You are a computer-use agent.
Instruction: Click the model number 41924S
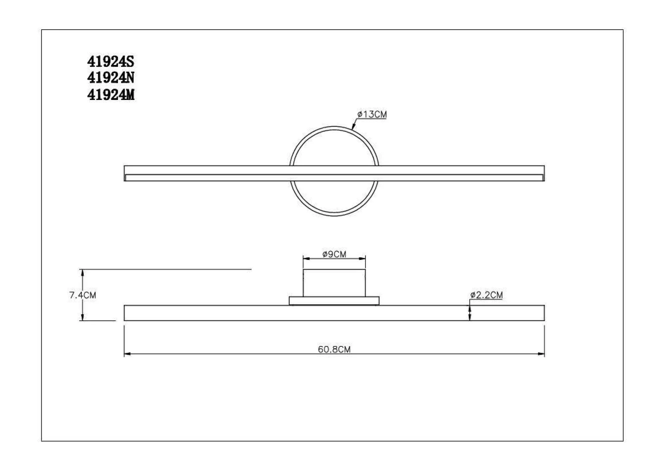click(111, 62)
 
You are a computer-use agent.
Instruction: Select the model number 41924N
click(111, 78)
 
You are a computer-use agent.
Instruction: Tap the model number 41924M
click(111, 95)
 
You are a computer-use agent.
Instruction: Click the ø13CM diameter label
click(372, 114)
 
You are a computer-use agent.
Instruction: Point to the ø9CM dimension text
click(334, 254)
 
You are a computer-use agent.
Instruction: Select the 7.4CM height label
click(83, 295)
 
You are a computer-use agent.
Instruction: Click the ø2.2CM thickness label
click(487, 295)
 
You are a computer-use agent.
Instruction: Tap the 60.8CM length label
click(334, 349)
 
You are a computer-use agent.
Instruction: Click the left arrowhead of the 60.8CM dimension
click(127, 354)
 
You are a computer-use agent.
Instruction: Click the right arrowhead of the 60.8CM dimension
click(541, 354)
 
